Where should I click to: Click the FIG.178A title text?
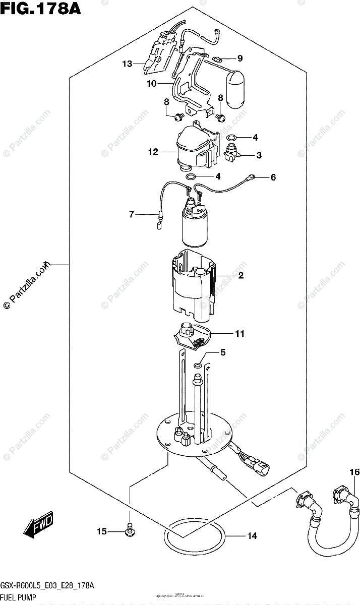tap(41, 9)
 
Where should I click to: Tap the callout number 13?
tap(127, 64)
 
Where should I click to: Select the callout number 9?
tap(240, 58)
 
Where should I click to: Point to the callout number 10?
tap(152, 84)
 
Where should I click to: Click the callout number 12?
tap(153, 151)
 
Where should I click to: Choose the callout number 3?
tap(259, 156)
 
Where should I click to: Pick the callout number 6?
tap(273, 177)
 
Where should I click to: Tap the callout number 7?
tap(131, 215)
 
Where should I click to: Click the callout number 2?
tap(241, 275)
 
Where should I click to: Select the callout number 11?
tap(239, 334)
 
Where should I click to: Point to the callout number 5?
tap(223, 353)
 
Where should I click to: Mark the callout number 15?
tap(102, 531)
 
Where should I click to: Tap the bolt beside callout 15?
tap(129, 529)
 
